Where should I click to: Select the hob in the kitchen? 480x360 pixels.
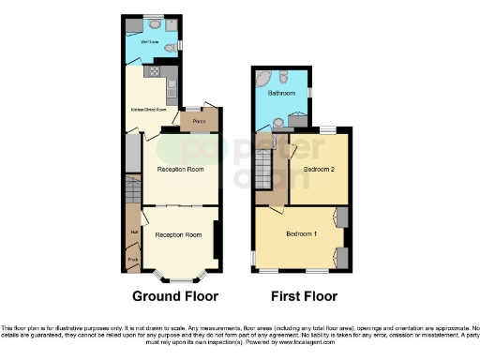(x=148, y=70)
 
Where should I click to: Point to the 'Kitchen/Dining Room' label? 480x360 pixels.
(x=147, y=109)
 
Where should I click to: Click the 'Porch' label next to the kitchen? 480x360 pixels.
(x=199, y=121)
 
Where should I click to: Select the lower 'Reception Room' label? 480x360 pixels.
(x=178, y=234)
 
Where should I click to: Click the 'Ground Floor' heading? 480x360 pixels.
(x=176, y=296)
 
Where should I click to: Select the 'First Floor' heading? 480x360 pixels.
(x=304, y=296)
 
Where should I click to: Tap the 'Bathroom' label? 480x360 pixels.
(x=281, y=93)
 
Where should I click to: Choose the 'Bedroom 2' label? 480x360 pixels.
(x=319, y=169)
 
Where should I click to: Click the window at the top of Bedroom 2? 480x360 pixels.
(x=329, y=128)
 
